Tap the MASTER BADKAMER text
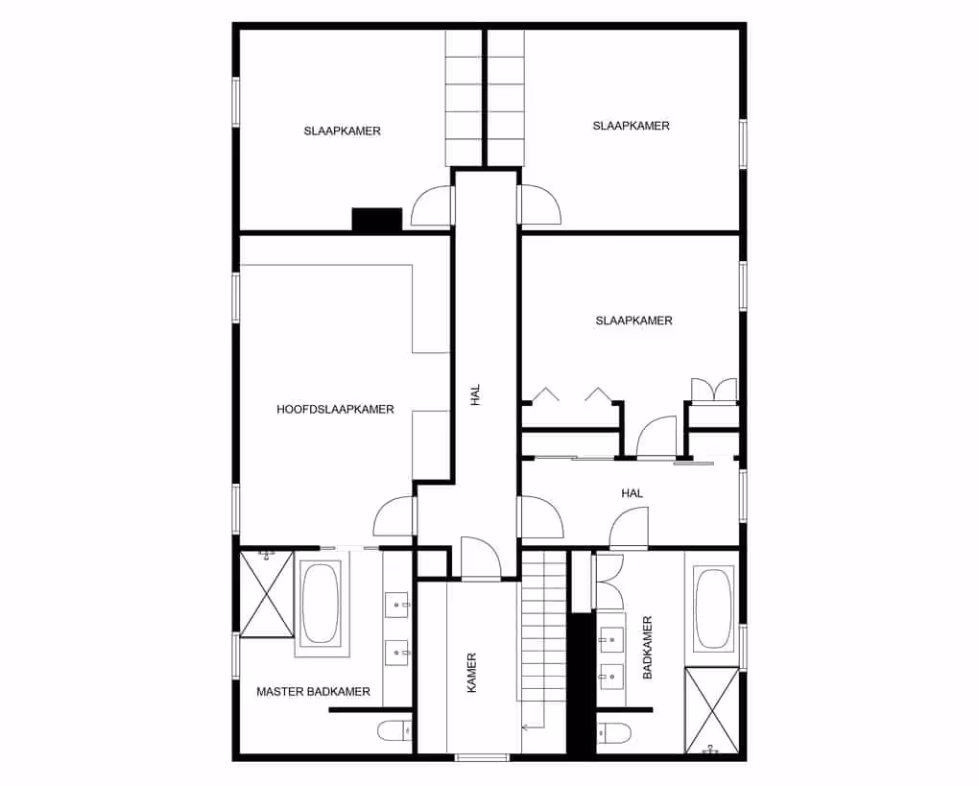[313, 691]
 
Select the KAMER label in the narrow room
[471, 673]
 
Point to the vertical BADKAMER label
[648, 648]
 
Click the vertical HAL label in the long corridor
[475, 395]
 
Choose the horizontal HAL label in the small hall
[632, 493]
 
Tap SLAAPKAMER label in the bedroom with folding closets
[633, 321]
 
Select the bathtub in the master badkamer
[322, 604]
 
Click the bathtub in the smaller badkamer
[712, 609]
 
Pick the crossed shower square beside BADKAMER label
[711, 710]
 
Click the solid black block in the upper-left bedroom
[376, 220]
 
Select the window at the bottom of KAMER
[481, 758]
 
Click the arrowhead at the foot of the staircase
[525, 727]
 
